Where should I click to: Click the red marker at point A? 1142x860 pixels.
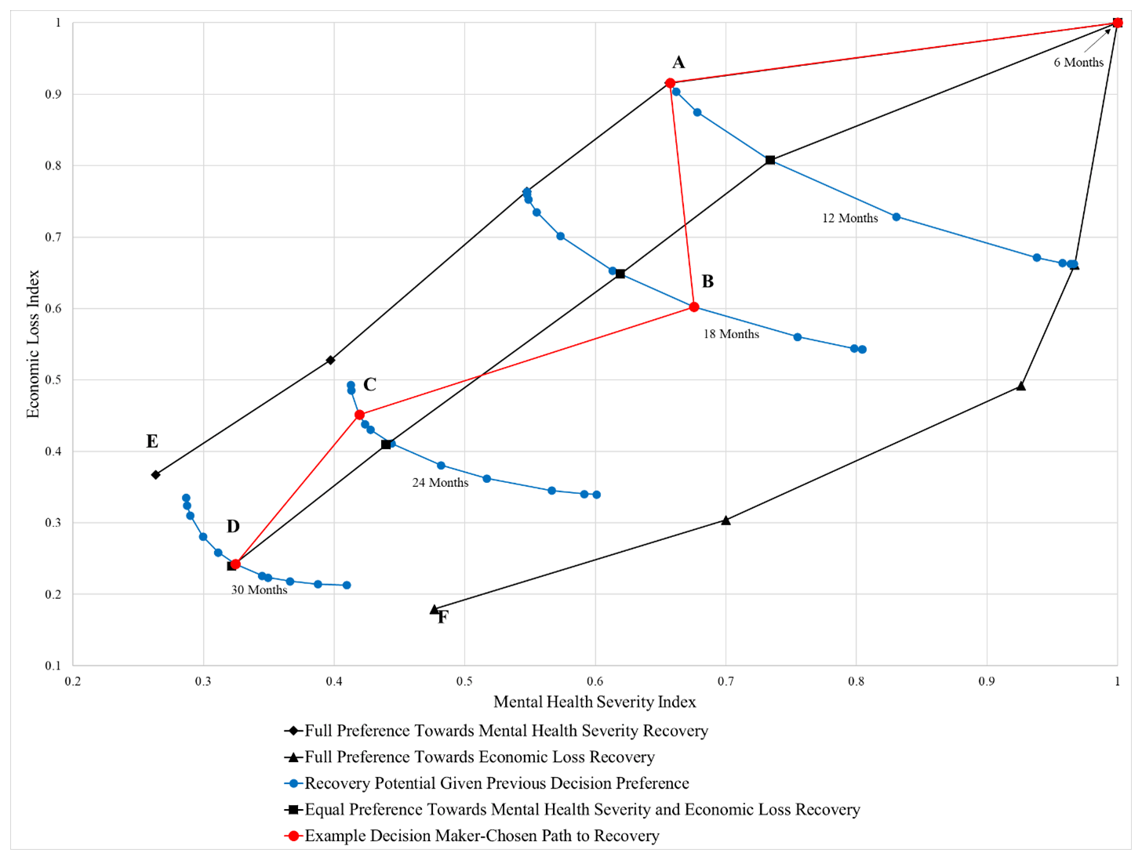670,83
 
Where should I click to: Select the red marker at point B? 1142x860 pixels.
694,307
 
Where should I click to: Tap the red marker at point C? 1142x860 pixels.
360,415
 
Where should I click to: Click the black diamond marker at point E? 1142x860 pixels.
156,475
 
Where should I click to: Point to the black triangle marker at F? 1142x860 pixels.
435,610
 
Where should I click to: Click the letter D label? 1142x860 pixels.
233,527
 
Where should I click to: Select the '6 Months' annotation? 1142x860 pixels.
1078,63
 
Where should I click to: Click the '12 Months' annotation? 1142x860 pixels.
849,219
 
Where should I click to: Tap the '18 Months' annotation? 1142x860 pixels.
731,334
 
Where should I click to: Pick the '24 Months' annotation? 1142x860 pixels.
440,483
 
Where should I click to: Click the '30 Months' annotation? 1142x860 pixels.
259,590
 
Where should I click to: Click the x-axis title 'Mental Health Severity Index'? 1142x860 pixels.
595,702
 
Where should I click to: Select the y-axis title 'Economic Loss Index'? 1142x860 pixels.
33,344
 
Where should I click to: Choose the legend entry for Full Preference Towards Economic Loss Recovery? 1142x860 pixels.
479,757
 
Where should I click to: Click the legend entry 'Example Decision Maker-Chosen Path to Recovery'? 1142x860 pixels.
482,836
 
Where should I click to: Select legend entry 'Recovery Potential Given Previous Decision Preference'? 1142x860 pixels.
496,783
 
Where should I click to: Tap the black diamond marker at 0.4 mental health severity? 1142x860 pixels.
331,361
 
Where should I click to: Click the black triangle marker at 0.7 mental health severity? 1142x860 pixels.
726,521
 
